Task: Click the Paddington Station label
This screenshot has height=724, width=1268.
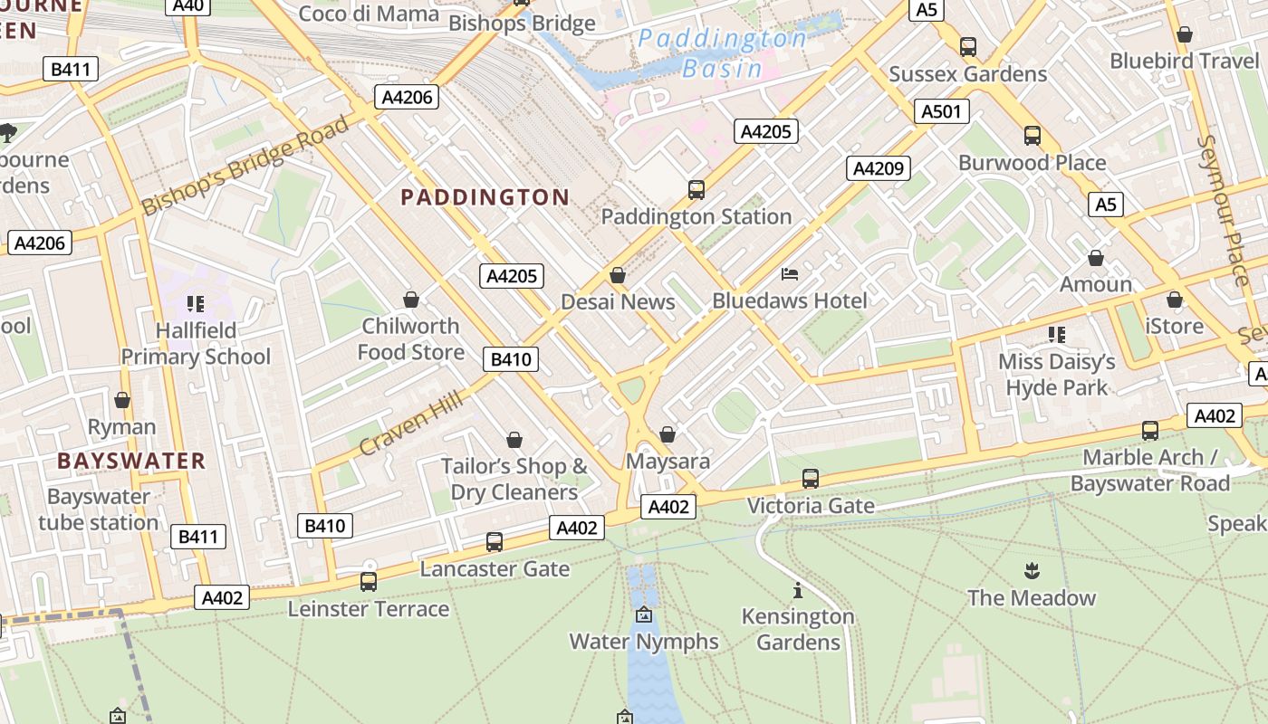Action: pyautogui.click(x=696, y=217)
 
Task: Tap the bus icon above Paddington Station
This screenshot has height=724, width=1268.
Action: pyautogui.click(x=696, y=190)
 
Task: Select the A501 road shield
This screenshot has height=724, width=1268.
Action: pyautogui.click(x=942, y=112)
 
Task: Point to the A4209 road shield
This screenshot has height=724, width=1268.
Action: pyautogui.click(x=878, y=168)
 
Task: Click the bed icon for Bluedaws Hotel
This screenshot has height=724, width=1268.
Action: pyautogui.click(x=790, y=273)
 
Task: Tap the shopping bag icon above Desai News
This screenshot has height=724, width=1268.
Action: pyautogui.click(x=618, y=275)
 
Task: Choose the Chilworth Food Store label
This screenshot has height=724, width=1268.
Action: pyautogui.click(x=411, y=338)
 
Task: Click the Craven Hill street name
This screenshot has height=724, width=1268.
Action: pyautogui.click(x=411, y=424)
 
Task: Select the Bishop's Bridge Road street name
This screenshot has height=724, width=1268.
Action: pyautogui.click(x=245, y=166)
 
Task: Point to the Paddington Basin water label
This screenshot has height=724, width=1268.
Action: pyautogui.click(x=722, y=53)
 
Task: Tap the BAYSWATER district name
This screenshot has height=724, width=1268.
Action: pyautogui.click(x=131, y=461)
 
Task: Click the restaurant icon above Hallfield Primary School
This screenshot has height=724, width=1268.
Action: pyautogui.click(x=195, y=304)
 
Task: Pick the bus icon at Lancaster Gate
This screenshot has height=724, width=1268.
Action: pyautogui.click(x=495, y=542)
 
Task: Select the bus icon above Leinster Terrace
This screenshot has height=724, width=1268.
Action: pyautogui.click(x=369, y=582)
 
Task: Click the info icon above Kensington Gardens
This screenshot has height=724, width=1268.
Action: pyautogui.click(x=798, y=591)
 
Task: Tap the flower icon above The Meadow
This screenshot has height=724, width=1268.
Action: pyautogui.click(x=1031, y=571)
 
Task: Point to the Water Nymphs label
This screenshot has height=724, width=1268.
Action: pyautogui.click(x=643, y=642)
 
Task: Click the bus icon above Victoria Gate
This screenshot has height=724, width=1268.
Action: pyautogui.click(x=811, y=479)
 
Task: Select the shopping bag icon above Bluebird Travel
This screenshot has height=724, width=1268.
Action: pyautogui.click(x=1184, y=35)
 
